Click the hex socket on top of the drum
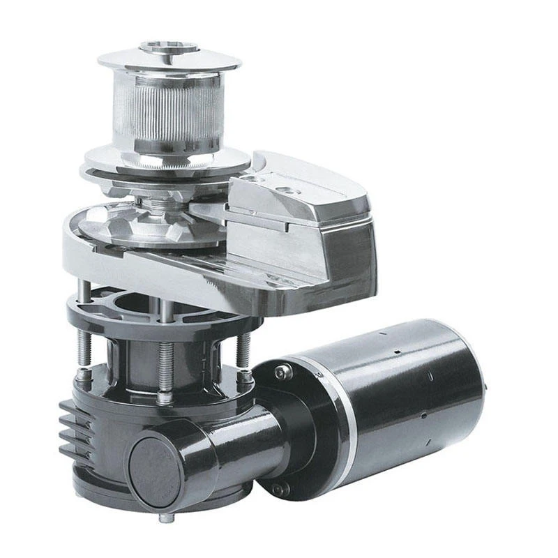click(x=169, y=47)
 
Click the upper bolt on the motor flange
click(x=282, y=372)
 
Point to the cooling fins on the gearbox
click(x=75, y=429)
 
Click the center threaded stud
click(x=165, y=363)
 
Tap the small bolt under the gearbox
click(x=165, y=518)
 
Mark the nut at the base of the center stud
click(x=165, y=397)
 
